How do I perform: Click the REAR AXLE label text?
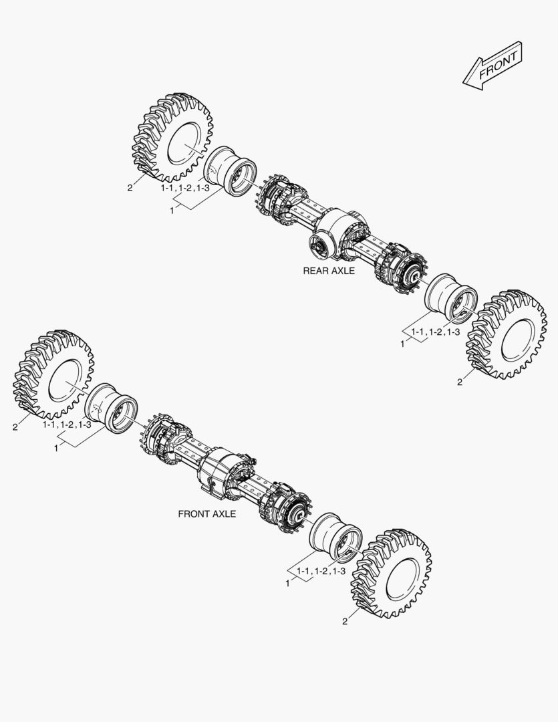(x=329, y=271)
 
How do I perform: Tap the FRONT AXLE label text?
(x=207, y=513)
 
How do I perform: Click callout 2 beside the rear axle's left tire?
(x=130, y=188)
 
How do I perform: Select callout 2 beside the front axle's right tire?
(x=345, y=621)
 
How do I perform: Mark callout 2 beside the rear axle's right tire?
(x=460, y=382)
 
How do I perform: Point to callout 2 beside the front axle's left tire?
(x=15, y=427)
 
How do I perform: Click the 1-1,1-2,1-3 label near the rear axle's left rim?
(x=185, y=189)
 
